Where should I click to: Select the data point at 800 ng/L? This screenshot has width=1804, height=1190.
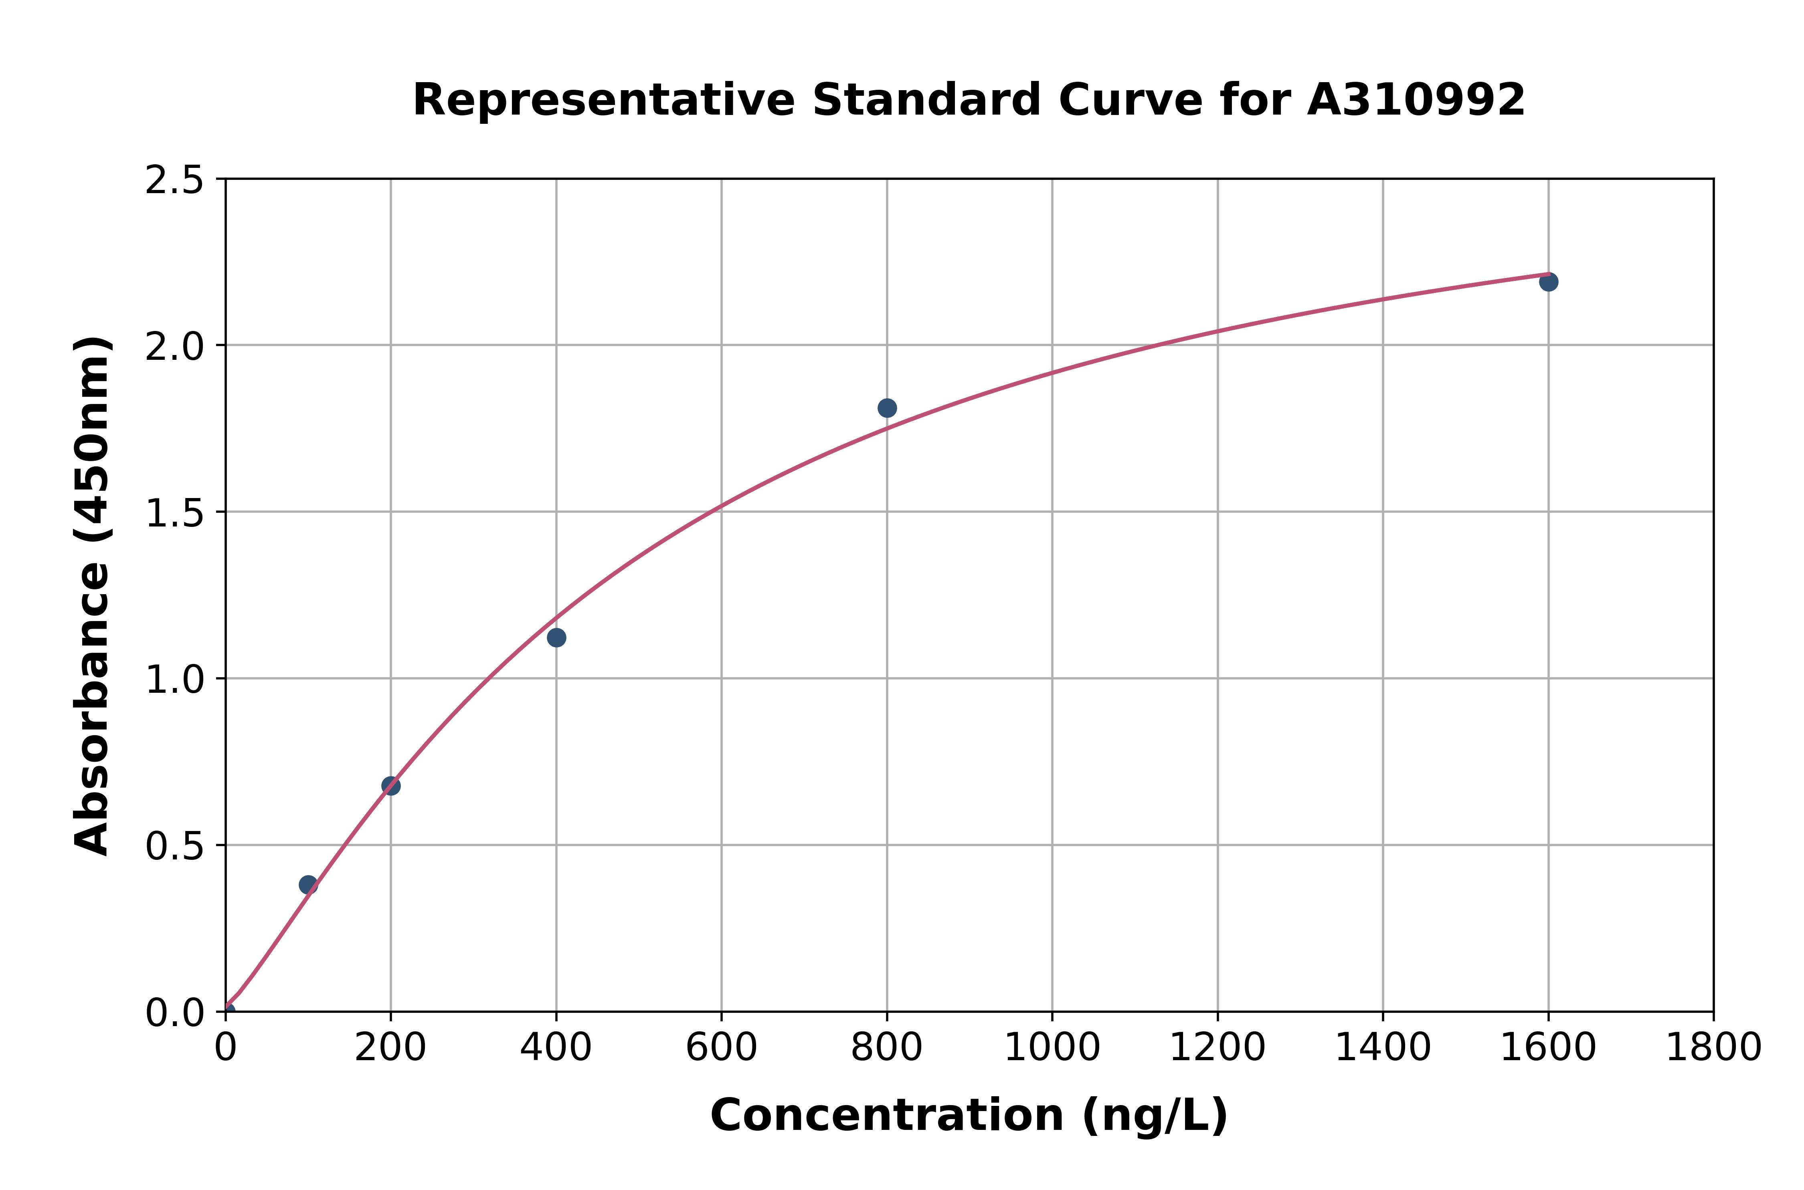pos(887,408)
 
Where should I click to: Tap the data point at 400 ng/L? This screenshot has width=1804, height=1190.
pos(556,637)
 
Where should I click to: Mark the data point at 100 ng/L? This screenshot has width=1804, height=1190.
pos(308,885)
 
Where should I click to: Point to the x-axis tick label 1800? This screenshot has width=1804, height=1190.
pos(1713,1048)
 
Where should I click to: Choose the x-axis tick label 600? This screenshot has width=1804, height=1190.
pos(721,1048)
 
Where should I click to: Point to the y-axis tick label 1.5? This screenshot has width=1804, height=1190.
pos(175,513)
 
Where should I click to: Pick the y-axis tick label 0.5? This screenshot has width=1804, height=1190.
pos(175,846)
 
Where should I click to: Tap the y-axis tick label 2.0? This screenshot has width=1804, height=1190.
pos(175,347)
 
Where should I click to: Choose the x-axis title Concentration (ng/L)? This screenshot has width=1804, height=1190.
pos(969,1116)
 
